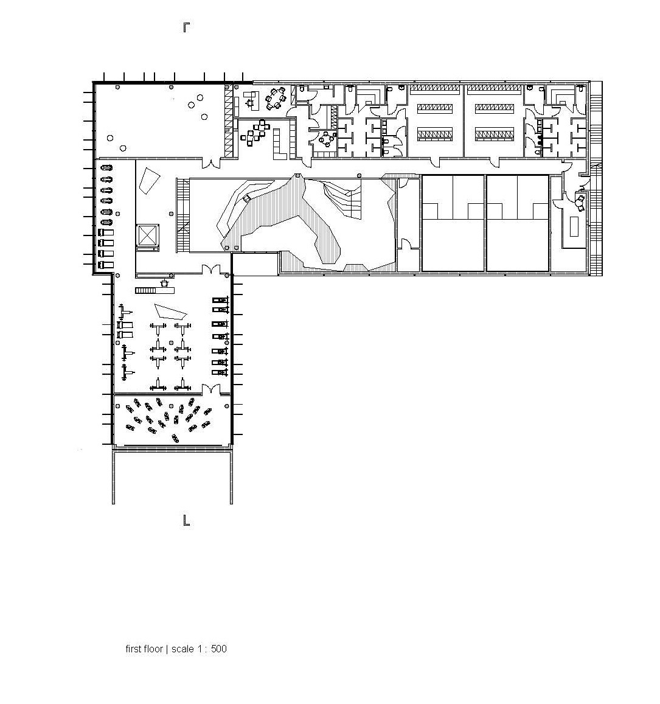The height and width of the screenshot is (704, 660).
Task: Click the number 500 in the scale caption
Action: click(218, 649)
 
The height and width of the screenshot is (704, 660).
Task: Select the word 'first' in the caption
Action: click(134, 649)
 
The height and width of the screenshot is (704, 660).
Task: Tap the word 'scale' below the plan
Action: click(182, 649)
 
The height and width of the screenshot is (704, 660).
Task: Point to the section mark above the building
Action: click(186, 27)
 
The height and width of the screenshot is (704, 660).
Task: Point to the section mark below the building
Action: click(186, 520)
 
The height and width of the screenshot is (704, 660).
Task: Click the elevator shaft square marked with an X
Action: click(147, 235)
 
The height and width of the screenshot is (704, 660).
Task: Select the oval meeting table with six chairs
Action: click(275, 99)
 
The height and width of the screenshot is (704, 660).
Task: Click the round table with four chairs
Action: click(327, 139)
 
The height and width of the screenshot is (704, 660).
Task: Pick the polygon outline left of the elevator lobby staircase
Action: click(148, 181)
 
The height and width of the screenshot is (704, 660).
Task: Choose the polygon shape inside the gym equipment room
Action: click(170, 312)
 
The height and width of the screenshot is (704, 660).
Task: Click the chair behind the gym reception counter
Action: click(164, 283)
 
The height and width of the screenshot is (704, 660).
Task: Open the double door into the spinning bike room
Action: click(210, 389)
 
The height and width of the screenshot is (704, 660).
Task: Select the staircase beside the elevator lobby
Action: click(183, 215)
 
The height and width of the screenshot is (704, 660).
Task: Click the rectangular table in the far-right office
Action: click(574, 226)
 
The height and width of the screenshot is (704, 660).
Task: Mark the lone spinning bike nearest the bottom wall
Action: click(175, 438)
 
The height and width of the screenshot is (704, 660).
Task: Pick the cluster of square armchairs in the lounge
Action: click(255, 131)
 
